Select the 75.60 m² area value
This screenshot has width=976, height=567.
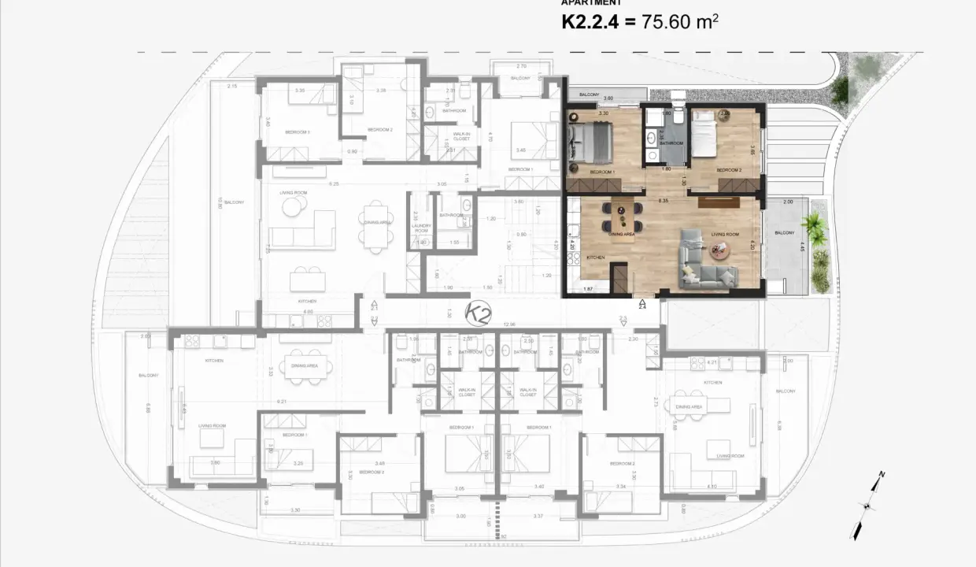(679, 21)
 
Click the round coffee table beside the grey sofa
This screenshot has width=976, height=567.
(718, 250)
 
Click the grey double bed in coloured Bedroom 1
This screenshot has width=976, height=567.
(591, 142)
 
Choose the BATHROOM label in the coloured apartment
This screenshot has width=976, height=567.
(671, 143)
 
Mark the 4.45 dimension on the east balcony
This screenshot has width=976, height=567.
(803, 246)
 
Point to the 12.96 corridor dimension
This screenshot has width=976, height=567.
(508, 324)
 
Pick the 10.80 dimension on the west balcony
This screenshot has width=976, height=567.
(220, 202)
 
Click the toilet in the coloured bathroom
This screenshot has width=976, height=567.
(678, 98)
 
